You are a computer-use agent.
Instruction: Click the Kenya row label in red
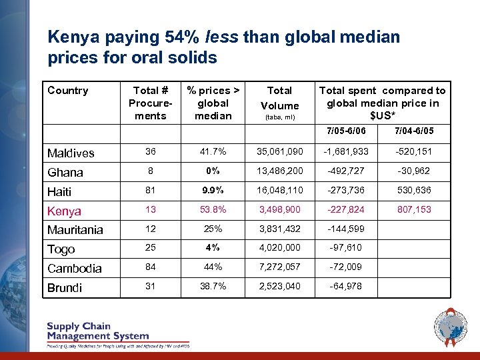pos(64,211)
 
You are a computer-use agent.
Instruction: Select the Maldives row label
pos(71,153)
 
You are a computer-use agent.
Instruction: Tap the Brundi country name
pos(65,288)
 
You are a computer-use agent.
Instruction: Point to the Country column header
pos(67,91)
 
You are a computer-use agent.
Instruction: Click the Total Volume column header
pos(279,98)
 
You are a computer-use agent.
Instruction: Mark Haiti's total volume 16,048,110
pos(279,190)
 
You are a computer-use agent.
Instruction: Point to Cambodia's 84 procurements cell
pos(150,267)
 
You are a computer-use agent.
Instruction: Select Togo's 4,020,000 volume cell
pos(279,248)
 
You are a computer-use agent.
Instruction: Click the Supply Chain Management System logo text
pos(97,332)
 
